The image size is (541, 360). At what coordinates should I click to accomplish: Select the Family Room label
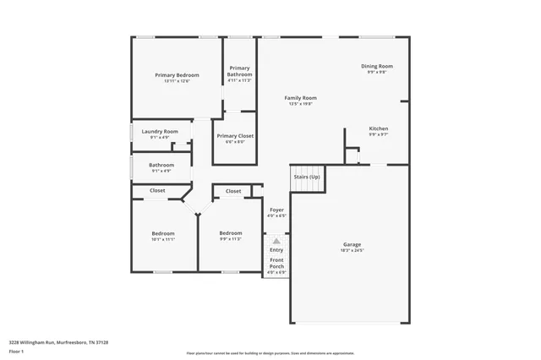[x=300, y=98]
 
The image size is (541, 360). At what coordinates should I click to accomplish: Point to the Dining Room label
[x=377, y=66]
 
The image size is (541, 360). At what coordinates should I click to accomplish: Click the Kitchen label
[x=378, y=128]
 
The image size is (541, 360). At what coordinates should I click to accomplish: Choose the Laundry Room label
[x=160, y=131]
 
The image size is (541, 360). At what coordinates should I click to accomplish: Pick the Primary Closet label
[x=235, y=136]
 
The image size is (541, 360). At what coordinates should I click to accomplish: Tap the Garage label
[x=352, y=244]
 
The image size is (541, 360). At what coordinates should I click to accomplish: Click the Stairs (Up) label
[x=306, y=177]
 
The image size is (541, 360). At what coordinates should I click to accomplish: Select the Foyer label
[x=276, y=209]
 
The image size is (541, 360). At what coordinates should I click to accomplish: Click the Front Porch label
[x=276, y=263]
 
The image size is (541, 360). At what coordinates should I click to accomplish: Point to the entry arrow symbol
[x=276, y=241]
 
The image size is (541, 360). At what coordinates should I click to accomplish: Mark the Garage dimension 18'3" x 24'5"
[x=352, y=250]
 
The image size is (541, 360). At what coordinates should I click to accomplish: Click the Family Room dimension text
[x=300, y=104]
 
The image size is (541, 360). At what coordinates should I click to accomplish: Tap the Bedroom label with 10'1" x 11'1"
[x=163, y=233]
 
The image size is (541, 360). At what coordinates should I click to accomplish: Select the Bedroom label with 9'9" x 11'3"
[x=231, y=233]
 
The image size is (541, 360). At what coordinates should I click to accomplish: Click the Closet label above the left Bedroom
[x=158, y=191]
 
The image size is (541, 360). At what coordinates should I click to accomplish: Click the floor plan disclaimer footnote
[x=270, y=352]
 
